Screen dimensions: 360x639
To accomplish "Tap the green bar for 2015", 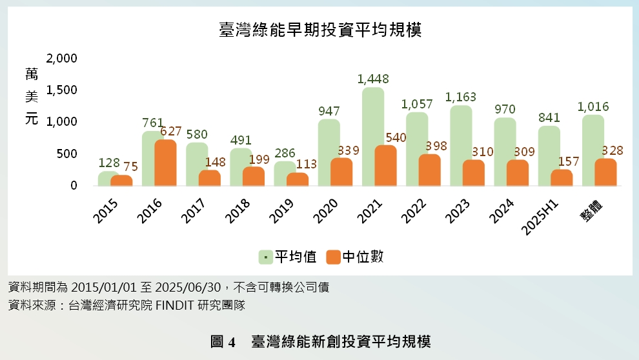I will [x=108, y=178].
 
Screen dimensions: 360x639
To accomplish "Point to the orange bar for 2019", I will [x=298, y=179].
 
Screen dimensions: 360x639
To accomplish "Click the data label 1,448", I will [x=373, y=79].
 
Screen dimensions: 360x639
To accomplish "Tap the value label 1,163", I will [x=461, y=97].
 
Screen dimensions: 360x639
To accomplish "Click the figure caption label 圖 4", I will [x=224, y=341].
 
